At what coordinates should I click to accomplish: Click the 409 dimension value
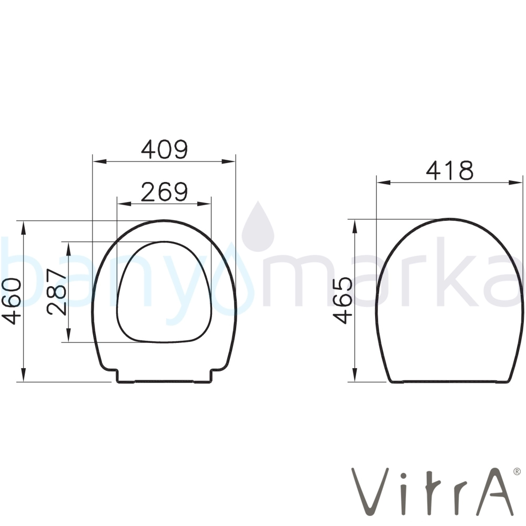coord(164,149)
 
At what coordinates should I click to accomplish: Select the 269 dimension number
coord(164,192)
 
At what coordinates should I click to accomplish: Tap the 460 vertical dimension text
coord(12,301)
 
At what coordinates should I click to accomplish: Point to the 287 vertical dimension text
coord(57,292)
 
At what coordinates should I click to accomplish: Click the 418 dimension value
coord(450,170)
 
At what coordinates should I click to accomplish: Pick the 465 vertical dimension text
coord(343,300)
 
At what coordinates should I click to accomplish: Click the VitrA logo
coord(433,491)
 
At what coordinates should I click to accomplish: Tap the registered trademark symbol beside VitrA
coord(517,471)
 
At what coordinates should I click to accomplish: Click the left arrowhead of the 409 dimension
coord(99,161)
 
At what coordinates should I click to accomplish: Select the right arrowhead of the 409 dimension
coord(228,161)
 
